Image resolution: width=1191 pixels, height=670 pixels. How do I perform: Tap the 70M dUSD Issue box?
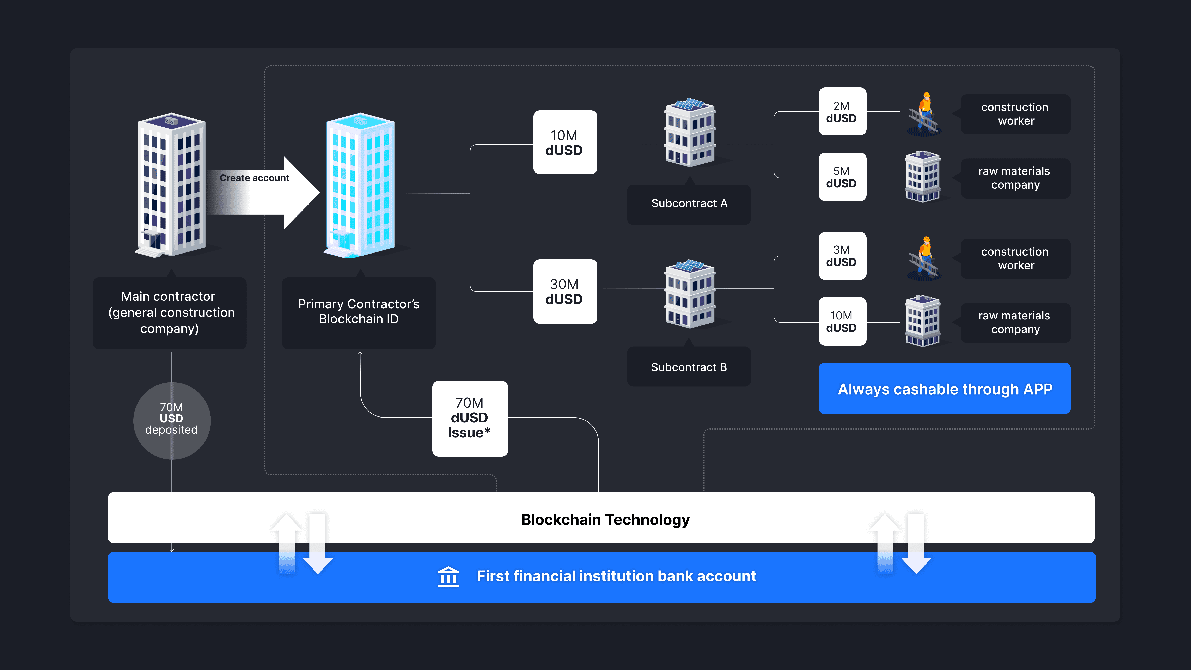[x=470, y=418]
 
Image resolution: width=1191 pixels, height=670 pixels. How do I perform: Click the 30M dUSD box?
[x=564, y=291]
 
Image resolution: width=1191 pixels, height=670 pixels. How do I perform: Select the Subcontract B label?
[x=689, y=367]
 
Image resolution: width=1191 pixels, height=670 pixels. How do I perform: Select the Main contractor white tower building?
[x=171, y=185]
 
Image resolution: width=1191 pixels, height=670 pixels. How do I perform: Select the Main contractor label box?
[x=170, y=313]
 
